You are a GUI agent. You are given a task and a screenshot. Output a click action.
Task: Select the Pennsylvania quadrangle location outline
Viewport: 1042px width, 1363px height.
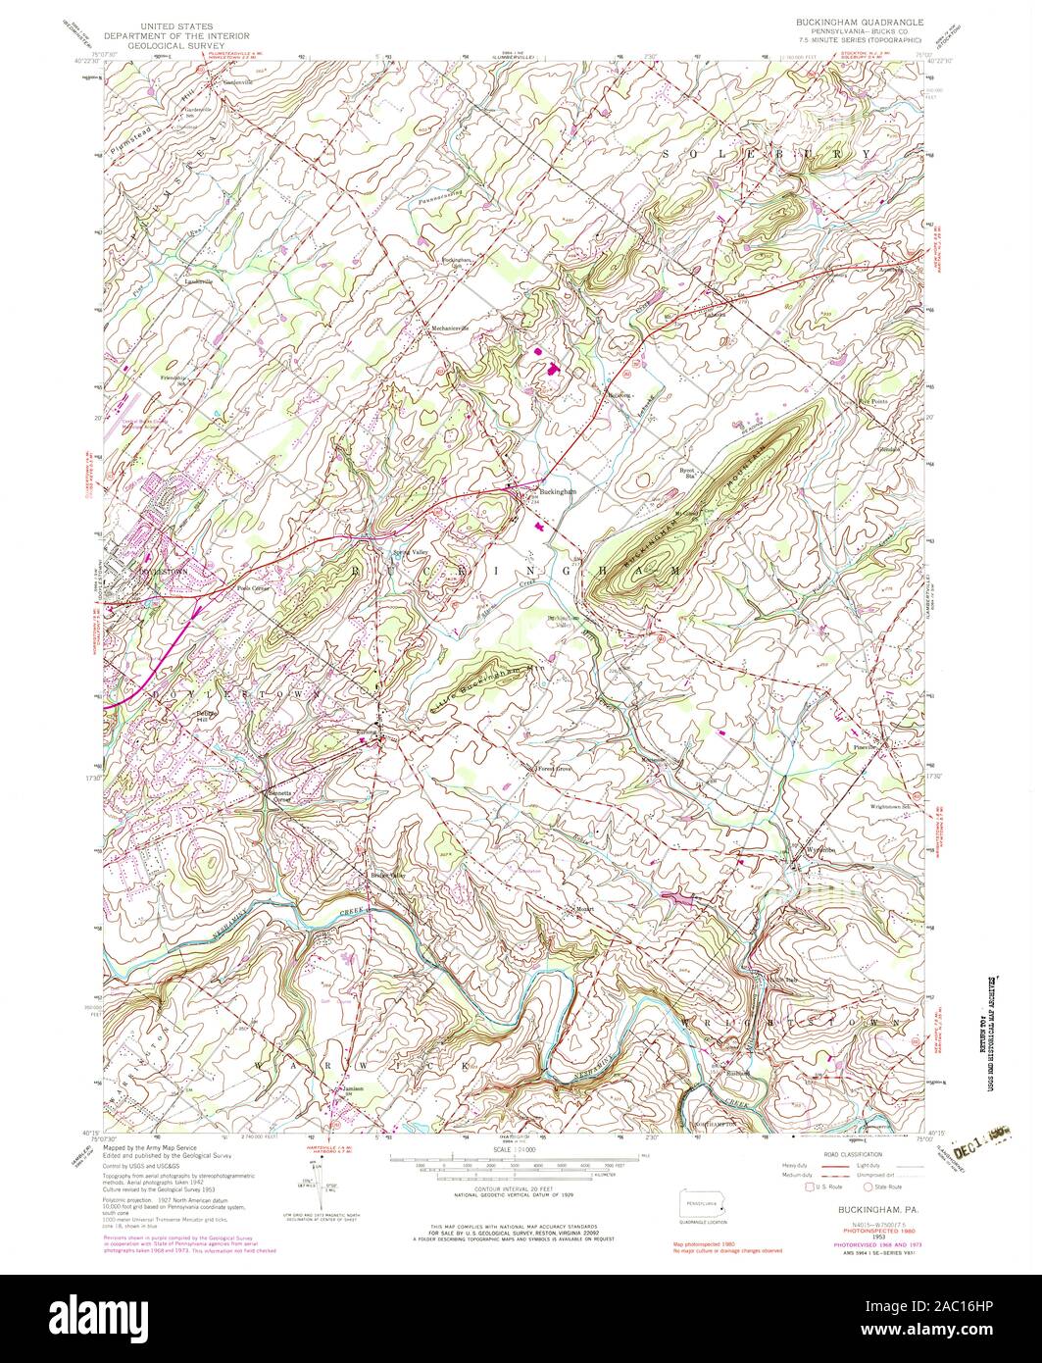[702, 1202]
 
